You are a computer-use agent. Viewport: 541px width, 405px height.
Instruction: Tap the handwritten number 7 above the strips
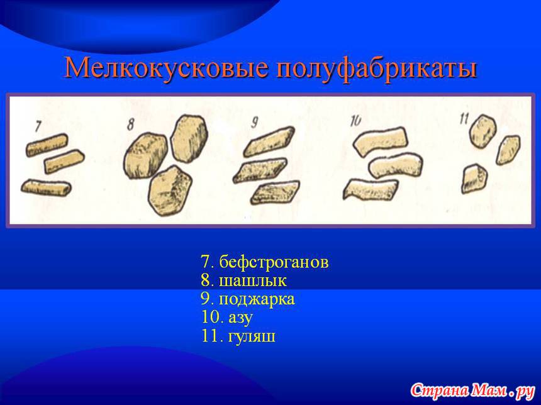click(x=38, y=126)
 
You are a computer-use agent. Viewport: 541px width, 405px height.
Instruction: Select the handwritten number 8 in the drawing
click(x=130, y=125)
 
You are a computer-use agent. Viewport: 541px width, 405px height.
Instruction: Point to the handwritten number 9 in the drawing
click(x=255, y=123)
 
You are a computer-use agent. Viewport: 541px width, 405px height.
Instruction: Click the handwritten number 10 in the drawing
click(x=355, y=121)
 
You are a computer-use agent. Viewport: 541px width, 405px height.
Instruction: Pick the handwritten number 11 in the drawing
click(x=464, y=119)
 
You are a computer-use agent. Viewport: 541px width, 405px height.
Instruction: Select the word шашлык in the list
click(x=252, y=280)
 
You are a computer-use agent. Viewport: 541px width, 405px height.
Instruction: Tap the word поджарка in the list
click(x=257, y=299)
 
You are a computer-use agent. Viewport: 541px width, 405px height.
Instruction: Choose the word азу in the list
click(x=240, y=318)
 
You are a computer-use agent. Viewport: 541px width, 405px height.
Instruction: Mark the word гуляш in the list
click(x=252, y=336)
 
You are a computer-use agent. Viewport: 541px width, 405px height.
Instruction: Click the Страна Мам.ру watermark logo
click(x=472, y=390)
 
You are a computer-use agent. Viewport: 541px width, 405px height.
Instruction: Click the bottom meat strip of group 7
click(x=46, y=187)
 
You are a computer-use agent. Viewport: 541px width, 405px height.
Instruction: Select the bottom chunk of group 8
click(x=170, y=191)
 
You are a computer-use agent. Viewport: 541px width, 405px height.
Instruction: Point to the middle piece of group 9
click(x=259, y=170)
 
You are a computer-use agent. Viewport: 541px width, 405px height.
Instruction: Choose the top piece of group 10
click(x=380, y=141)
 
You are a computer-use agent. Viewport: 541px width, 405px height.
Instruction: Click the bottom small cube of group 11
click(x=474, y=179)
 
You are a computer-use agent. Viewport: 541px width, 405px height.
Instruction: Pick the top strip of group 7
click(x=47, y=145)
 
